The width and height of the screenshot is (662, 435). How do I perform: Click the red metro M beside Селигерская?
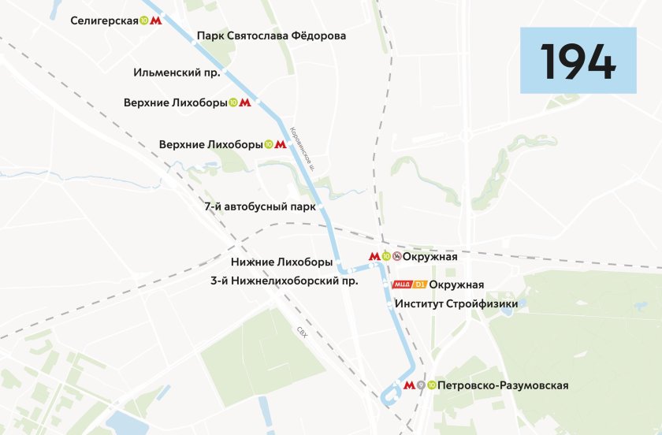[x=156, y=21]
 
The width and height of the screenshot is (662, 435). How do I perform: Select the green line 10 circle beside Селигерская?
[x=143, y=21]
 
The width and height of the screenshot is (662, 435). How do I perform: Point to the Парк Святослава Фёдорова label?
[x=271, y=35]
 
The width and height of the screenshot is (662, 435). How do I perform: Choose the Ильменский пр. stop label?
[x=178, y=72]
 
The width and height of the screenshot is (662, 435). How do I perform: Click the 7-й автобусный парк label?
[x=259, y=206]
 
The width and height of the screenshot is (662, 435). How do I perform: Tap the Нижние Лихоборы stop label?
[x=281, y=262]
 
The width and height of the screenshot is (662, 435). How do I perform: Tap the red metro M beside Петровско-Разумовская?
[x=408, y=385]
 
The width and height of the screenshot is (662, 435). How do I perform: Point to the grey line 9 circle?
[x=421, y=385]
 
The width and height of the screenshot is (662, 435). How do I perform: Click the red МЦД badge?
[x=402, y=284]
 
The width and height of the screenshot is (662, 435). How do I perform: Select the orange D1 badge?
[x=420, y=284]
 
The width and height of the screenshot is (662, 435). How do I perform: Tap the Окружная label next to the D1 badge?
[x=457, y=284]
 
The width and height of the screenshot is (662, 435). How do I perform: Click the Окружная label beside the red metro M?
[x=430, y=256]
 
